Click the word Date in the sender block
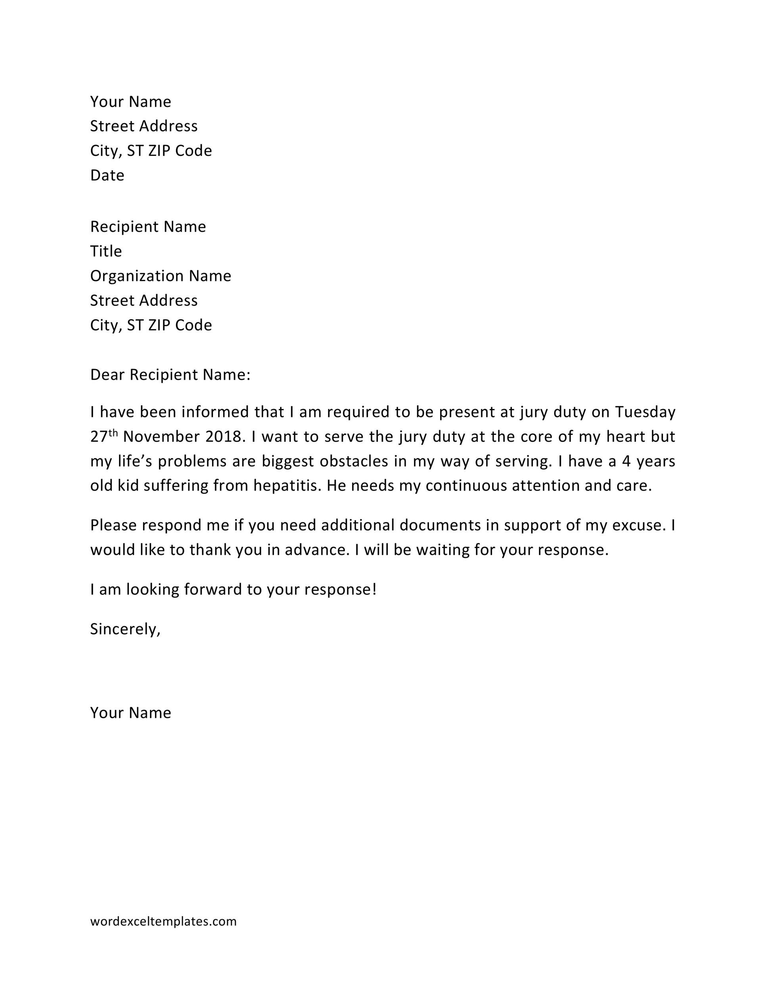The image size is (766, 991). click(x=107, y=175)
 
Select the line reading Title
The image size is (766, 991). click(x=106, y=251)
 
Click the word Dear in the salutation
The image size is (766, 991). click(x=107, y=375)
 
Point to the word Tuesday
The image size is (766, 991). click(x=645, y=412)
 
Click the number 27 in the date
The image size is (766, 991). click(x=98, y=437)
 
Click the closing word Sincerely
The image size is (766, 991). click(x=125, y=629)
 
